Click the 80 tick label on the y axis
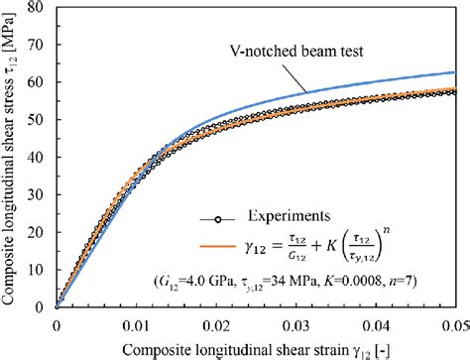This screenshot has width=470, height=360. [x=41, y=8]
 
